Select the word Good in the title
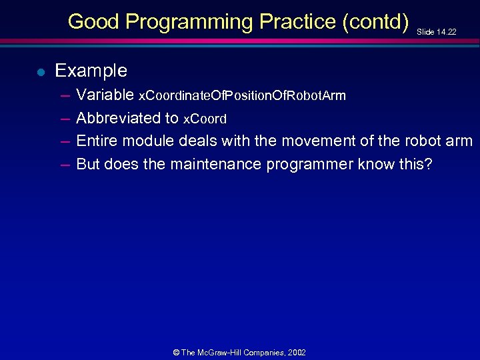pos(93,22)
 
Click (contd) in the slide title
pos(375,22)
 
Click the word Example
pos(91,71)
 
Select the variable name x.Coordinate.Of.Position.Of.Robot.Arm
pos(241,96)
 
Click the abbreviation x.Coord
pos(205,119)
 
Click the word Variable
pos(105,95)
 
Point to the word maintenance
pos(216,164)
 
